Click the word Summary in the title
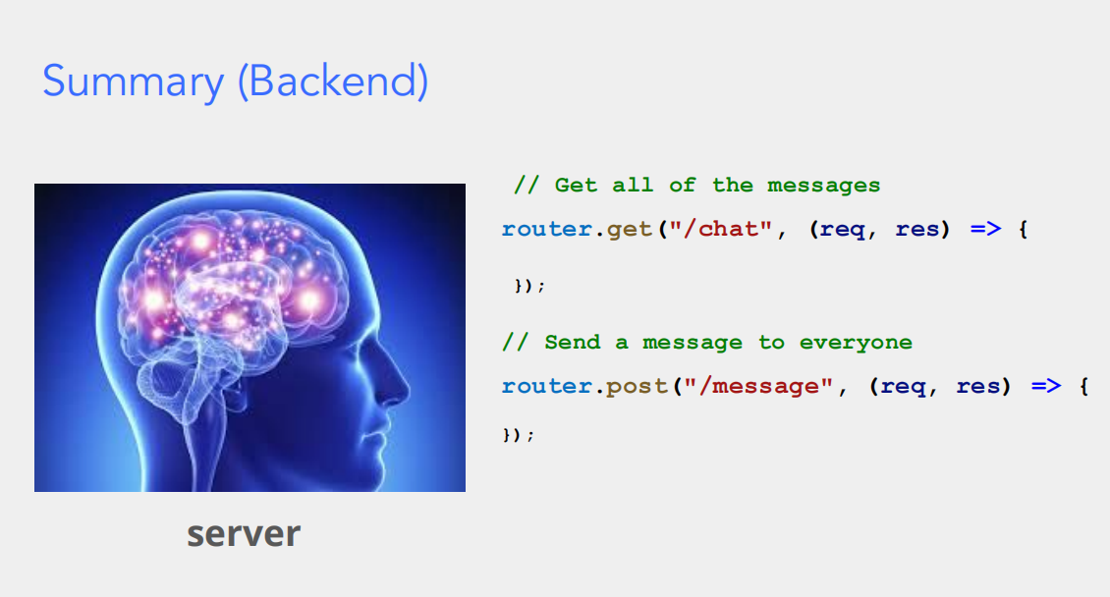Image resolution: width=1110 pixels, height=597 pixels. pyautogui.click(x=133, y=81)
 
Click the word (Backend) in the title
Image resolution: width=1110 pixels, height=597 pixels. pyautogui.click(x=333, y=81)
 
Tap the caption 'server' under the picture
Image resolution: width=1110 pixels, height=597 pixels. pyautogui.click(x=244, y=534)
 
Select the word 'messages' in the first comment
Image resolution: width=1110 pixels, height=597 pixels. pyautogui.click(x=823, y=186)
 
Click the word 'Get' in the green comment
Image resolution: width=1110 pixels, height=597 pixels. pyautogui.click(x=576, y=186)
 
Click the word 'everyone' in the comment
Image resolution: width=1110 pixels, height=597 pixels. pyautogui.click(x=856, y=343)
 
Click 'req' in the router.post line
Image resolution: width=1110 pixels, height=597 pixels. pyautogui.click(x=904, y=387)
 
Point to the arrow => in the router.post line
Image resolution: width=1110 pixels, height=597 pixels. pyautogui.click(x=1046, y=387)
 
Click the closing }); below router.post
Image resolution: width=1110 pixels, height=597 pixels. pyautogui.click(x=519, y=434)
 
